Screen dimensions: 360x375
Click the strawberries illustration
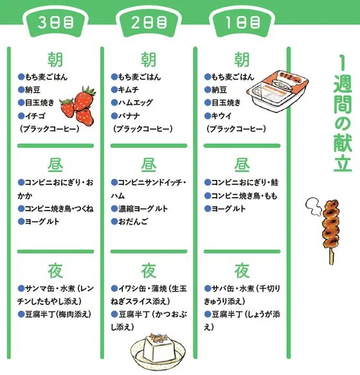pos(78,106)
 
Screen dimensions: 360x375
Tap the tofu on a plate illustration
pos(158,353)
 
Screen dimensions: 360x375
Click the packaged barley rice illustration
pos(278,91)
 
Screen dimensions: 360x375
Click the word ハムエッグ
pos(135,103)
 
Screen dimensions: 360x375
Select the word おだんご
pos(132,222)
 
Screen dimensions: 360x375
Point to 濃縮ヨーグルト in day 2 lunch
pos(143,209)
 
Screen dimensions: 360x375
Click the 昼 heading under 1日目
pos(242,165)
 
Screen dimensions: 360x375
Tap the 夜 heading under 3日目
pos(55,271)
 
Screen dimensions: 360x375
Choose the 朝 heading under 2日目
pos(148,60)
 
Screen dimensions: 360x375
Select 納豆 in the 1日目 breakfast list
pos(219,90)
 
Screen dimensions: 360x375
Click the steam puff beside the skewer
pos(313,207)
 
